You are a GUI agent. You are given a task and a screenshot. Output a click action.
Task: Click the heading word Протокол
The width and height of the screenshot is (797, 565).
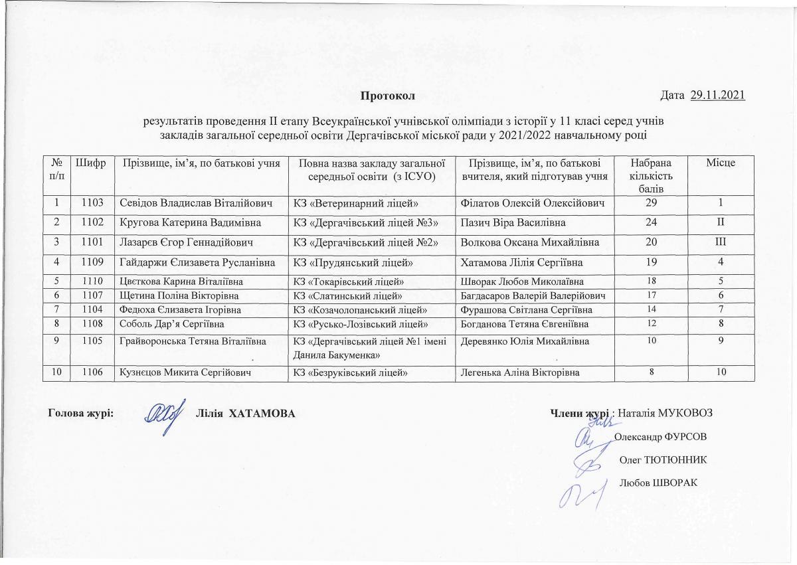tap(387, 96)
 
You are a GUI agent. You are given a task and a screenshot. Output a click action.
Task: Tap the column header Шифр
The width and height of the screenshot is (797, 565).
tap(90, 163)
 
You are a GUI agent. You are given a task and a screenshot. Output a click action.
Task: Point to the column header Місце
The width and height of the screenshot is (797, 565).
tap(721, 163)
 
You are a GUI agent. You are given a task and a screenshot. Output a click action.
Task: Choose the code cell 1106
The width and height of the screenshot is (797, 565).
tap(90, 372)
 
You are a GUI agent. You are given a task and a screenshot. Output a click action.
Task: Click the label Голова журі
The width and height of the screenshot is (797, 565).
tap(81, 414)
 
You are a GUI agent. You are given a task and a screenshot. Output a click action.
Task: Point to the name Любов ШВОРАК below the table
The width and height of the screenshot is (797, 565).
tap(657, 482)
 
